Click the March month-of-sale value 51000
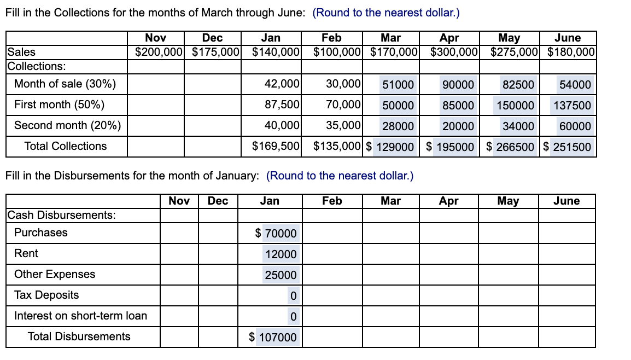pyautogui.click(x=398, y=85)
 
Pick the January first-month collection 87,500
pyautogui.click(x=282, y=104)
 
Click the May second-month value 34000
pyautogui.click(x=518, y=126)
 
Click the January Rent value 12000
pyautogui.click(x=281, y=254)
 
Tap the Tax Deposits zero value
pyautogui.click(x=293, y=296)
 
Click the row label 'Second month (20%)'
pyautogui.click(x=67, y=125)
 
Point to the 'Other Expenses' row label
pyautogui.click(x=55, y=274)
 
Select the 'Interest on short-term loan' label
pyautogui.click(x=80, y=316)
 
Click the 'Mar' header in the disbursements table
pyautogui.click(x=390, y=201)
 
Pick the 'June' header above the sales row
pyautogui.click(x=567, y=38)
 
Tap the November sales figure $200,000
pyautogui.click(x=159, y=53)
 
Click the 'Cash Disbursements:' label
pyautogui.click(x=62, y=215)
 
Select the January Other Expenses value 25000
pyautogui.click(x=281, y=275)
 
